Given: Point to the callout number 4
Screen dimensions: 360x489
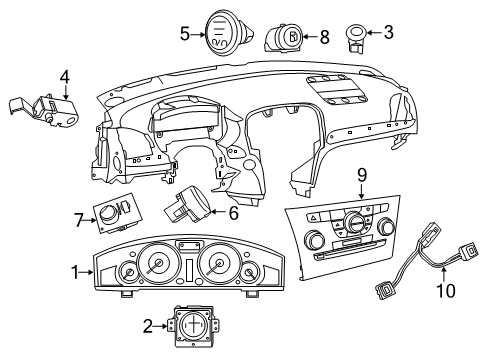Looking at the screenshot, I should (64, 76).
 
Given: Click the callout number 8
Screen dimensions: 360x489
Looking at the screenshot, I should (324, 37).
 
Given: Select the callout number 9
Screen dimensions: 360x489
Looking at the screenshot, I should (363, 175).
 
